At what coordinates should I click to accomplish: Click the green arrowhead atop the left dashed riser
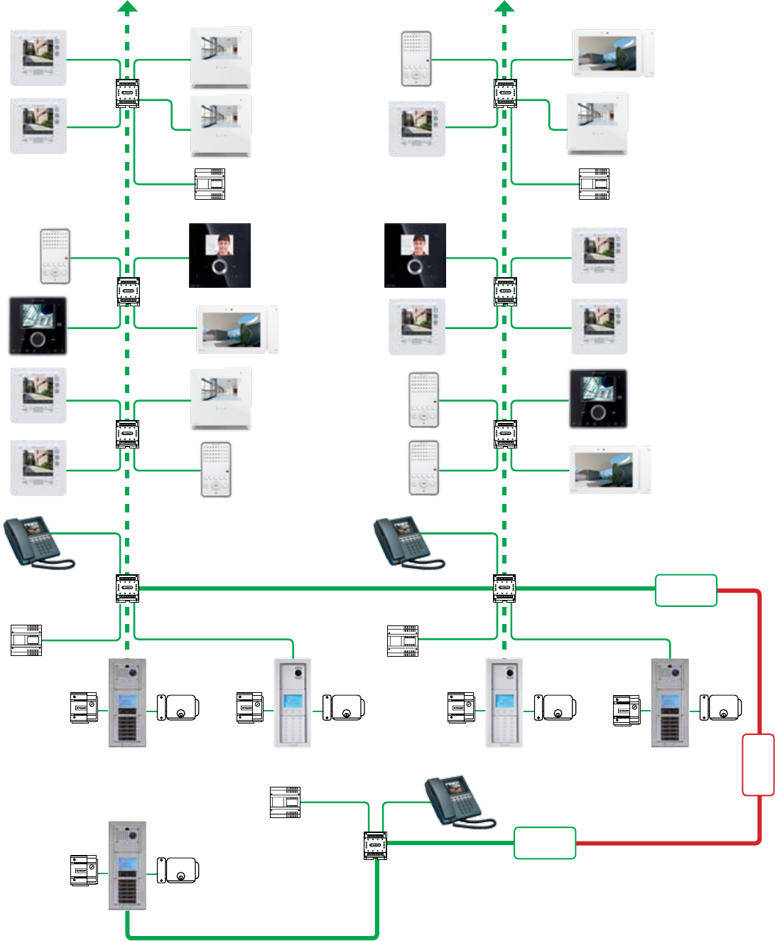(127, 7)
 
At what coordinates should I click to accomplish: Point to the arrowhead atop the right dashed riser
(504, 7)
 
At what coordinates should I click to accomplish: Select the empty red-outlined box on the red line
(758, 765)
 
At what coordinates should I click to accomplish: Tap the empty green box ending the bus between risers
(685, 591)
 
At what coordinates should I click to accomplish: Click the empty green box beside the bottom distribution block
(545, 843)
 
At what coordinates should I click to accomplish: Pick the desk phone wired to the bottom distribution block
(458, 802)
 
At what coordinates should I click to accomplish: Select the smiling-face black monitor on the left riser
(220, 255)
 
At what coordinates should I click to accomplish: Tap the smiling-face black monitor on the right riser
(415, 255)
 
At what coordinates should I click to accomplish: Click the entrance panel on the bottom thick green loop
(127, 866)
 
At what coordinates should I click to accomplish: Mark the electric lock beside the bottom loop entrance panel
(178, 871)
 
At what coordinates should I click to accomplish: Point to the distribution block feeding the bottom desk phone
(375, 845)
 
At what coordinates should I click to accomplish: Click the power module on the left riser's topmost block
(210, 184)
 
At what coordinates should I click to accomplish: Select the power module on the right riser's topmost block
(594, 184)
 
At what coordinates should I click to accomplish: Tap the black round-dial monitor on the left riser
(38, 326)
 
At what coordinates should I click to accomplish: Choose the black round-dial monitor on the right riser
(598, 399)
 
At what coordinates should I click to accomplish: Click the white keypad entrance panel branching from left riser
(293, 703)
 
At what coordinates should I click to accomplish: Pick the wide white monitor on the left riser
(237, 329)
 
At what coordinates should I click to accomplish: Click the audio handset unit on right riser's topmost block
(416, 59)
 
